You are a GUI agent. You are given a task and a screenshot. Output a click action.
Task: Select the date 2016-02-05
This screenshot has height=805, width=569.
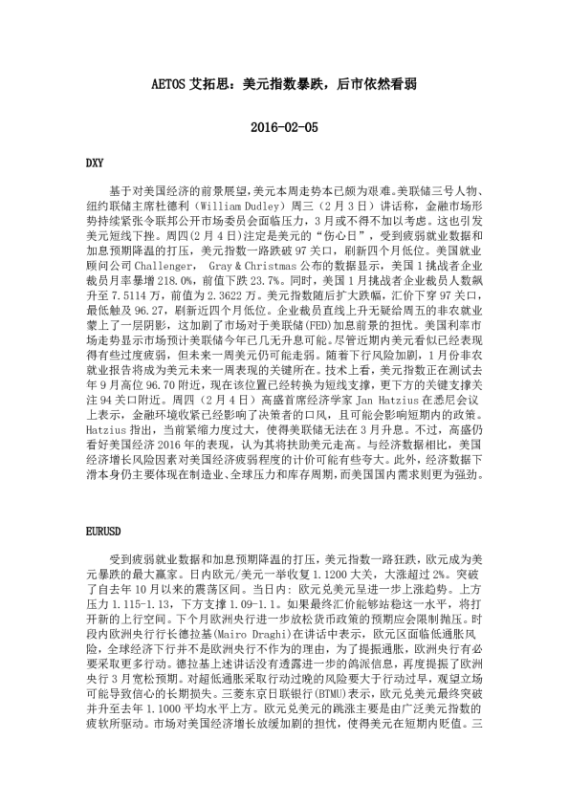coord(283,126)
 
